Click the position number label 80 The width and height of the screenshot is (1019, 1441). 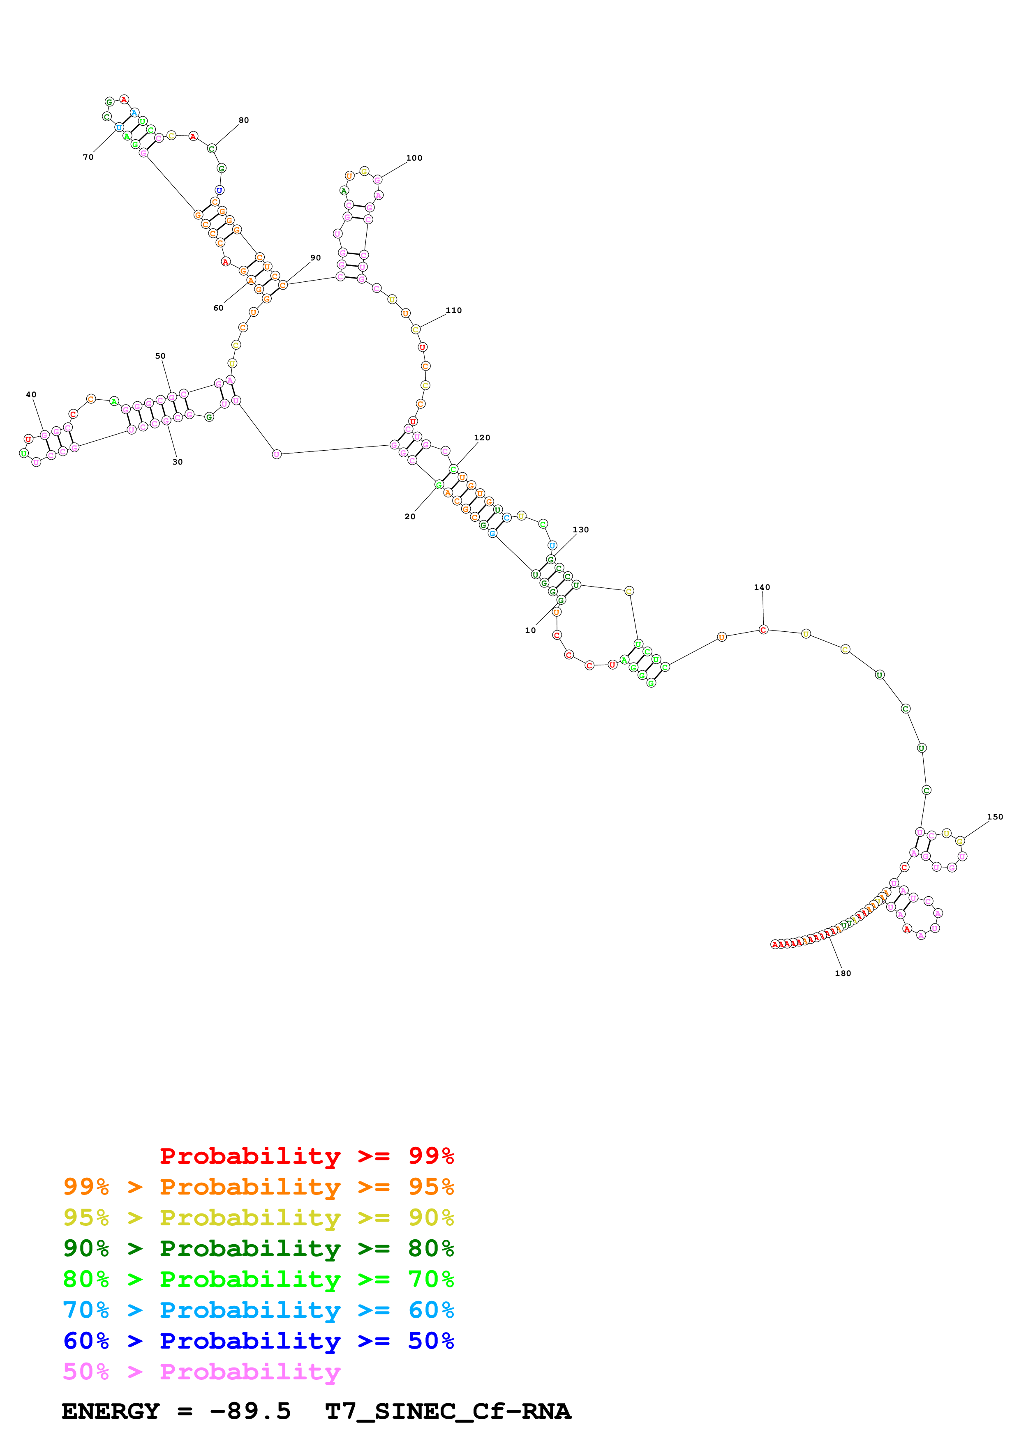coord(244,120)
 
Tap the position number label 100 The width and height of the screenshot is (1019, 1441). coord(414,157)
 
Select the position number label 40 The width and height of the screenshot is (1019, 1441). coord(31,395)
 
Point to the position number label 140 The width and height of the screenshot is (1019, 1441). coord(762,587)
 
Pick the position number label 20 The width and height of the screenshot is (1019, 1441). coord(410,516)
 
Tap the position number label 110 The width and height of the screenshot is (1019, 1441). coord(454,310)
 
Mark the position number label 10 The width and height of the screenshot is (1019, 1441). coord(531,630)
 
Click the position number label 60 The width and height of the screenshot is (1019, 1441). coord(219,308)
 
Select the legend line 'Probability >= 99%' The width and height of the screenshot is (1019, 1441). coord(306,1156)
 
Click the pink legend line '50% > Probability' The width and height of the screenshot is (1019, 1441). coord(201,1371)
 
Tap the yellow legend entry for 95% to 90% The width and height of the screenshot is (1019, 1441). coord(258,1218)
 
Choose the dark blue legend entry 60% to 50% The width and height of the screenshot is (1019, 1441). coord(258,1341)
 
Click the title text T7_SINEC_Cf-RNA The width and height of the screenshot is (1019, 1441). coord(448,1411)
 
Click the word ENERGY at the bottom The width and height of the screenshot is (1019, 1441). coord(111,1411)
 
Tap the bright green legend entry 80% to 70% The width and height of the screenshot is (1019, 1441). coord(258,1279)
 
